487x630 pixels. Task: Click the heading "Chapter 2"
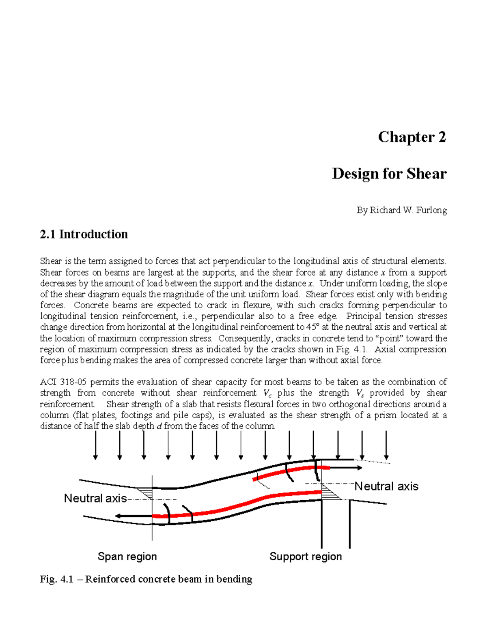(412, 137)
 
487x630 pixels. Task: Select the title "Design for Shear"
(389, 174)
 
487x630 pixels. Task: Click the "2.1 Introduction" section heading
(84, 234)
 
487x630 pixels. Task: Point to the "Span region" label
(127, 556)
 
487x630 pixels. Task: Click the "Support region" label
(305, 556)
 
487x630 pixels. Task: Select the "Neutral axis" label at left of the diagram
(95, 498)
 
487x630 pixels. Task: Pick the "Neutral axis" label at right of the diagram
(386, 486)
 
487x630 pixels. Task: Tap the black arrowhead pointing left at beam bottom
(119, 516)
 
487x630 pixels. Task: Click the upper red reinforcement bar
(290, 471)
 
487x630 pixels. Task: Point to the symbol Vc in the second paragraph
(267, 393)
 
